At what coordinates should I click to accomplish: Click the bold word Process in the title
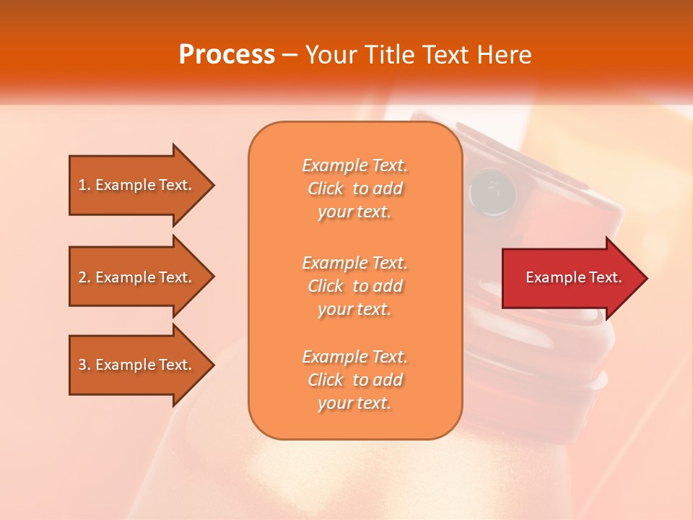[x=227, y=55]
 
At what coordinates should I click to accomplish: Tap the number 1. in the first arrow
[x=84, y=185]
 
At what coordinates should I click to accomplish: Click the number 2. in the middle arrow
[x=84, y=277]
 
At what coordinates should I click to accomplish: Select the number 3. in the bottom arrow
[x=84, y=365]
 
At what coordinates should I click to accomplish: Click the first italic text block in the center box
[x=355, y=188]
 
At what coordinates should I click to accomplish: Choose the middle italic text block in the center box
[x=355, y=286]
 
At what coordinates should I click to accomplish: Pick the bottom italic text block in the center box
[x=355, y=380]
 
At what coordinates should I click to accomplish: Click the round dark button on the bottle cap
[x=492, y=191]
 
